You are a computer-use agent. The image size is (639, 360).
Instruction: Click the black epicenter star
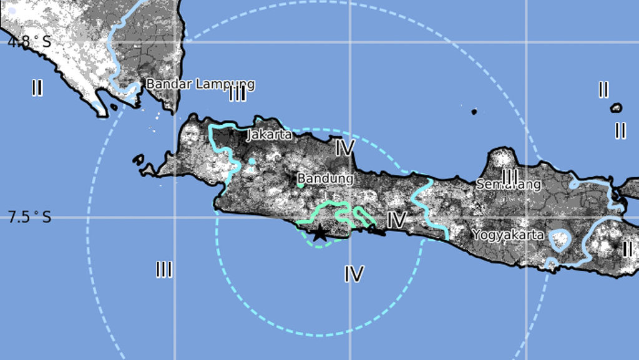click(x=319, y=233)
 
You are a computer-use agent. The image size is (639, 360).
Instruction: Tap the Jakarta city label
click(x=270, y=134)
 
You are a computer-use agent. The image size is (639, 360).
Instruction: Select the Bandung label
click(x=325, y=178)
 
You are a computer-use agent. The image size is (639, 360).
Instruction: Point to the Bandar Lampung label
click(x=200, y=84)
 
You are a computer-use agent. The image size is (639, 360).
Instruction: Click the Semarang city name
click(x=508, y=184)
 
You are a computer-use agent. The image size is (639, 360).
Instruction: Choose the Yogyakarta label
click(x=508, y=235)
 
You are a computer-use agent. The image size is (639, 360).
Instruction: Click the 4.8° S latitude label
click(x=28, y=42)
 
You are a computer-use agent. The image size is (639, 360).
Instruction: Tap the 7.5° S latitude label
click(x=29, y=217)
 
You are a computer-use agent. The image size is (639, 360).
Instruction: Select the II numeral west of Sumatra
click(x=37, y=88)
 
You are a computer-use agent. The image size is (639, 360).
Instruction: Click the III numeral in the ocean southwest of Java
click(x=164, y=270)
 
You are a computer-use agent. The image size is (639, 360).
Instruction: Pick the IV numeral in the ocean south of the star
click(x=354, y=273)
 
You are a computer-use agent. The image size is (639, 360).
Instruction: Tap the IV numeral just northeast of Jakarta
click(x=344, y=148)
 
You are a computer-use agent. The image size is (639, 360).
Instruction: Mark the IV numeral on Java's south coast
click(x=396, y=220)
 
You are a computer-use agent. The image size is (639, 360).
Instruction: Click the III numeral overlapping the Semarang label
click(x=510, y=177)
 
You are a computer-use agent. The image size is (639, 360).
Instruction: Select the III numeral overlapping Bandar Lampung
click(x=238, y=94)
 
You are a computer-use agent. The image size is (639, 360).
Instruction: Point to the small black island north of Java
click(x=474, y=112)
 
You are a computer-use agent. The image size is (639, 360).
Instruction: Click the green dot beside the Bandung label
click(x=300, y=185)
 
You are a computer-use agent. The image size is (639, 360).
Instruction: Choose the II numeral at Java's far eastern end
click(x=627, y=249)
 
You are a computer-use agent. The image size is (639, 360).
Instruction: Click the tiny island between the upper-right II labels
click(x=616, y=108)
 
